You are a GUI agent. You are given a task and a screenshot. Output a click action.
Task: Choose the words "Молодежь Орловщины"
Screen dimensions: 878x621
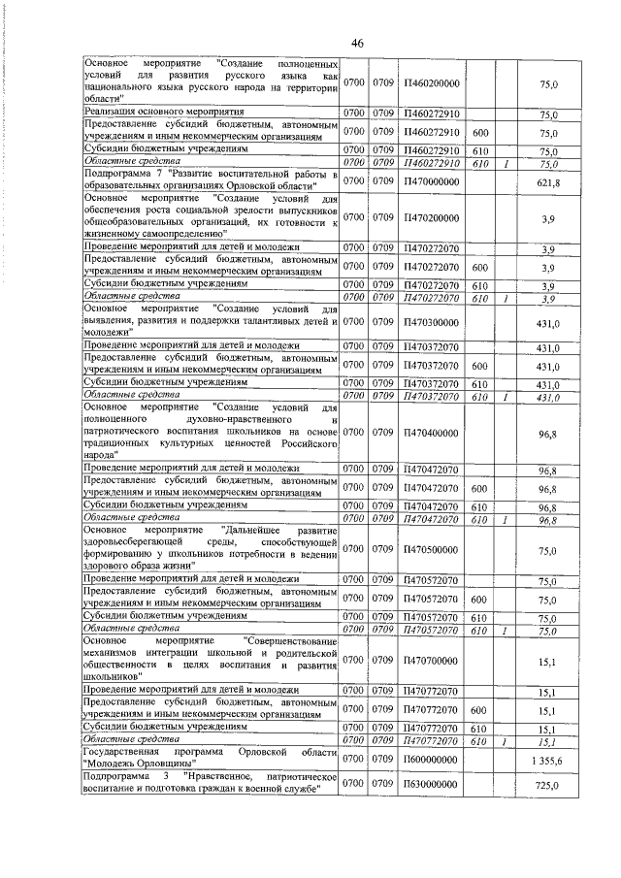(x=134, y=765)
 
